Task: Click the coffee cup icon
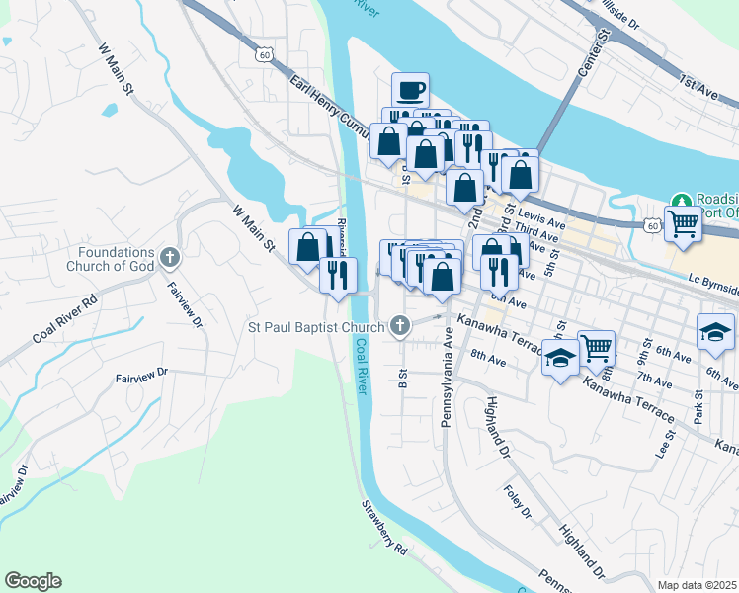tap(410, 91)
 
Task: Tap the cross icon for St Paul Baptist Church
tap(400, 324)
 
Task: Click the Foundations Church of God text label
tap(112, 259)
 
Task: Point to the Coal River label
tap(362, 368)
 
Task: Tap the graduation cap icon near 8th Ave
tap(559, 359)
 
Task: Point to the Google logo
tap(33, 581)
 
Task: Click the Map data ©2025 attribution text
tap(697, 585)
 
